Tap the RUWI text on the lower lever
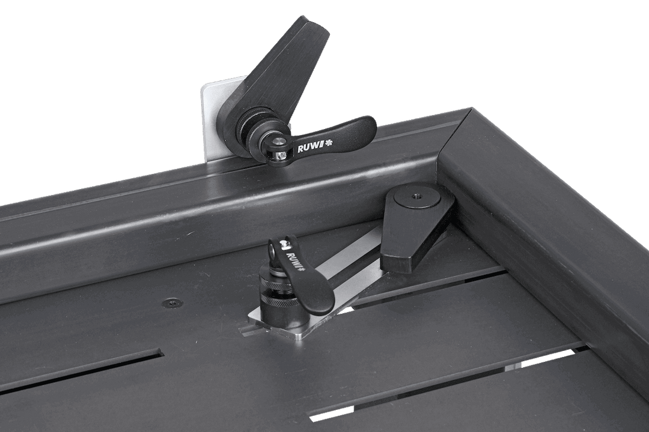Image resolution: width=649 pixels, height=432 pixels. click(x=295, y=260)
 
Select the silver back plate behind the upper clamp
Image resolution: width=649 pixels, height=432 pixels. click(x=211, y=120)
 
